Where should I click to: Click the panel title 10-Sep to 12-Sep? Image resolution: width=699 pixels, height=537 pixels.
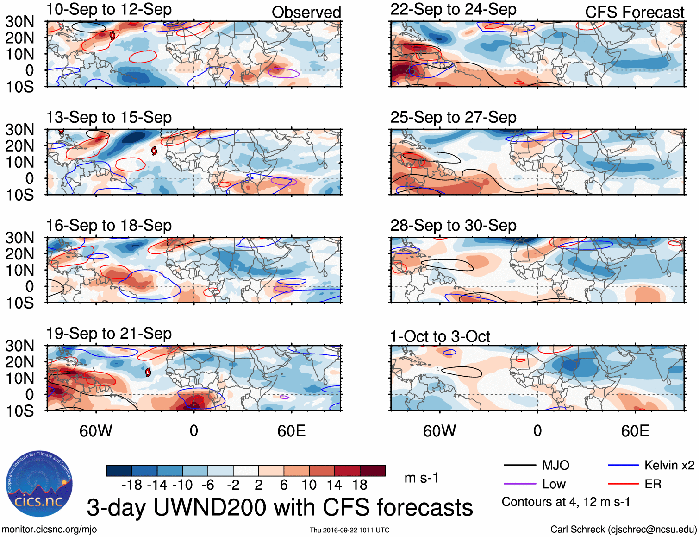(109, 10)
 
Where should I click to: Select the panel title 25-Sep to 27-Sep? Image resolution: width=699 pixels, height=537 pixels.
(453, 118)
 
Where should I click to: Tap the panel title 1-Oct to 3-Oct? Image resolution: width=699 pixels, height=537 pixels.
(440, 336)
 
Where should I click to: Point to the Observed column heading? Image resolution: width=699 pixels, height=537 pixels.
(306, 12)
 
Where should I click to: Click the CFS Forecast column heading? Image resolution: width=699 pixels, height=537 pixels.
(634, 12)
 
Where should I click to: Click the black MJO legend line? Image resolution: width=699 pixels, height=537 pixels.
(519, 465)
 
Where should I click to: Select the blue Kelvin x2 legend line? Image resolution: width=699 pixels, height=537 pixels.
(623, 465)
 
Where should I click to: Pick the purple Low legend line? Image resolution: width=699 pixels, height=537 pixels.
(519, 484)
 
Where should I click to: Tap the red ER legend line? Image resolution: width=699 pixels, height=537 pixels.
(623, 484)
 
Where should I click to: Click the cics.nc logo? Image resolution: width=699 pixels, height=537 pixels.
(39, 484)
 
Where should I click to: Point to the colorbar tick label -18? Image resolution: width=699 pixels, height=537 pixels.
(131, 485)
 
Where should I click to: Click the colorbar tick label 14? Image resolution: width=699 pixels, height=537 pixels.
(334, 485)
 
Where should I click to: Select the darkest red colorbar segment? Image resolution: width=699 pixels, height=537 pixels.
(373, 471)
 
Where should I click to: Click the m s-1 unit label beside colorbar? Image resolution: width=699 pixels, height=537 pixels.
(421, 478)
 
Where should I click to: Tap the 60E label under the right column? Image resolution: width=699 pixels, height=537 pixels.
(635, 431)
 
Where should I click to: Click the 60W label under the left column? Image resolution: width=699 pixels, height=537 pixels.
(96, 431)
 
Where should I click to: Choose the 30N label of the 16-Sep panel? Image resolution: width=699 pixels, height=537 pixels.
(19, 238)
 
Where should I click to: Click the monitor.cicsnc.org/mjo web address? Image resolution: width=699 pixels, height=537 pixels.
(50, 530)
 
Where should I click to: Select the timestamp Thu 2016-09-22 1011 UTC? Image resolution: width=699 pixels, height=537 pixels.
(349, 530)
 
